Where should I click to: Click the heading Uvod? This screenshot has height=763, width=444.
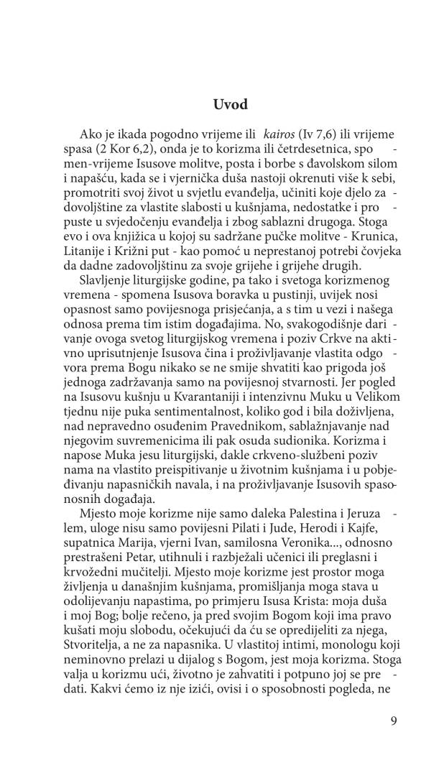click(230, 105)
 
